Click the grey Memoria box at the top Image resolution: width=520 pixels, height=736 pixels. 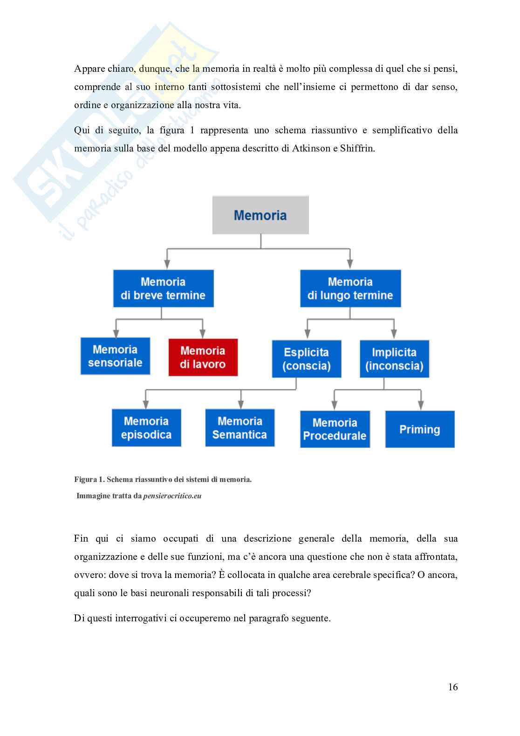(x=260, y=215)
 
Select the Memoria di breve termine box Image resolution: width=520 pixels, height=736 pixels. (x=163, y=289)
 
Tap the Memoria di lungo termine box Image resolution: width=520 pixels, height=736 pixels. (x=350, y=289)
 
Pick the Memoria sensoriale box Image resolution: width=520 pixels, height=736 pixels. (x=115, y=356)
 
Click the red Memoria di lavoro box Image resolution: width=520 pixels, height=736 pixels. (x=203, y=358)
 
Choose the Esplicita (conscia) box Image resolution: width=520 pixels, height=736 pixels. (x=306, y=359)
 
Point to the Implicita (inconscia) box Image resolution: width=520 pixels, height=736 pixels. (x=394, y=359)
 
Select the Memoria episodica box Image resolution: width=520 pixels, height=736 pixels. (x=146, y=428)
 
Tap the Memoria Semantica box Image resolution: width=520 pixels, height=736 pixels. (x=239, y=428)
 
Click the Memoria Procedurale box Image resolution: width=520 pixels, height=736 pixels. (x=335, y=429)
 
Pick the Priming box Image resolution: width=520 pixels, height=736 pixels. (x=419, y=429)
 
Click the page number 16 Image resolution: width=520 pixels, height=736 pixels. (x=453, y=687)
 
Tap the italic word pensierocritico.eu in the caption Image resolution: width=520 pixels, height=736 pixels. (x=172, y=496)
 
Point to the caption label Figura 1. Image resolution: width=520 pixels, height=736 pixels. (x=89, y=479)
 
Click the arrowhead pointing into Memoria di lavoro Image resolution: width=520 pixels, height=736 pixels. (x=203, y=334)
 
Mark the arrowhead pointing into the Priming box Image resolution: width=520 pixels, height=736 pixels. (x=420, y=406)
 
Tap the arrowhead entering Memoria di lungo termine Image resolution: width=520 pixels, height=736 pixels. (x=350, y=265)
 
